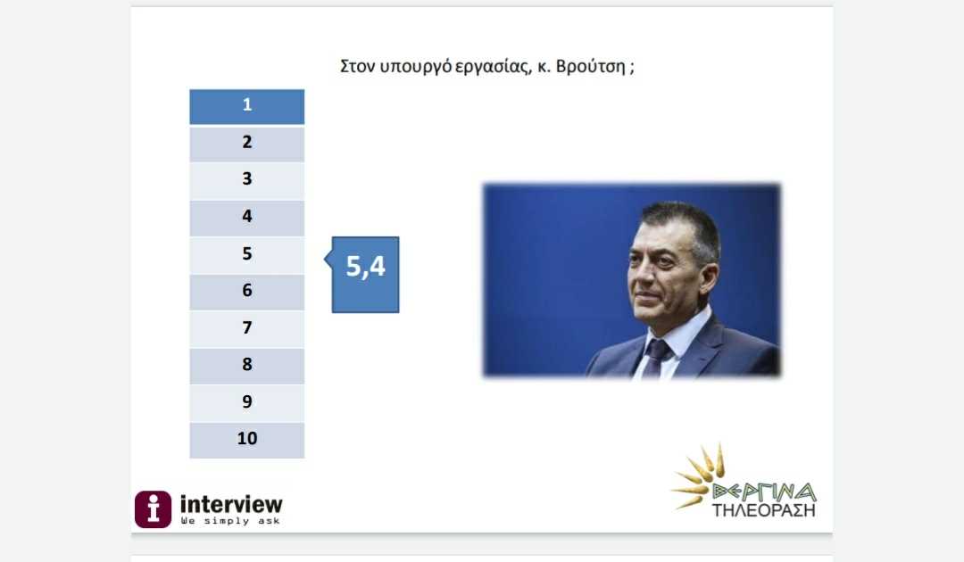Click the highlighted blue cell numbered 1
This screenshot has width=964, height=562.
[246, 107]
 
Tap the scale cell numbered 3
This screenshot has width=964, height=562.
[246, 181]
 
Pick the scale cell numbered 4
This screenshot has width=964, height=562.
[246, 218]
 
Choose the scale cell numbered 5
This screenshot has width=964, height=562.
[246, 255]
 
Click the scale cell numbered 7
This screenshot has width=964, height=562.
[246, 329]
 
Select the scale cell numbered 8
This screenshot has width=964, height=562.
[246, 366]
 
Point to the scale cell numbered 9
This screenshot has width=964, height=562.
[246, 403]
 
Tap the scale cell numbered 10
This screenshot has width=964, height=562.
[246, 441]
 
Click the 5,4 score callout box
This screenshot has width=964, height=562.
[365, 275]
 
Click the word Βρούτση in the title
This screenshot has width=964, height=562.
[590, 66]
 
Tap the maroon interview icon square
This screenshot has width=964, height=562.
[154, 509]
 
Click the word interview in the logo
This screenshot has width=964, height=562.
[231, 504]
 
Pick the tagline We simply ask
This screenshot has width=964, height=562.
[230, 521]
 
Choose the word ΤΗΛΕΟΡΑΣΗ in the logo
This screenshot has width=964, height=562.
[764, 510]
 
